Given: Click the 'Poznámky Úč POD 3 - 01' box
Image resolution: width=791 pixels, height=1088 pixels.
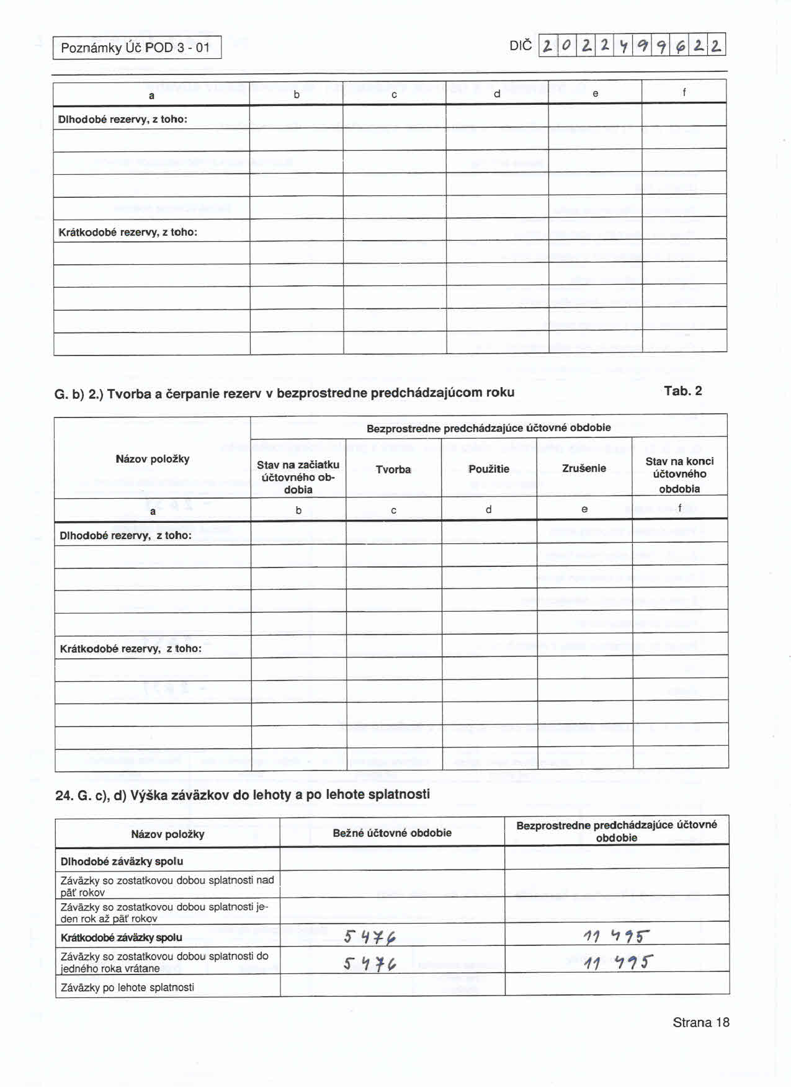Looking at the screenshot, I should [136, 48].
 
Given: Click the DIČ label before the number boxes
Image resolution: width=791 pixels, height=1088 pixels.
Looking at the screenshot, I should [521, 46].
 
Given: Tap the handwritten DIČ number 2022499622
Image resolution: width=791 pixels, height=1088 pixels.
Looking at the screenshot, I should [632, 45].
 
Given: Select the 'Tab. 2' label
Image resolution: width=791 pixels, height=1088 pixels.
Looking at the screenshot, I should [682, 391].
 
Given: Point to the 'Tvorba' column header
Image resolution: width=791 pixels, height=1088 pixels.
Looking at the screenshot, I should [393, 470].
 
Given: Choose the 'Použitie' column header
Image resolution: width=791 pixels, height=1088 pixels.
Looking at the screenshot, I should [489, 469].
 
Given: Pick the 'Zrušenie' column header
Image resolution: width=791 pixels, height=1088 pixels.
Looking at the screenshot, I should [584, 468].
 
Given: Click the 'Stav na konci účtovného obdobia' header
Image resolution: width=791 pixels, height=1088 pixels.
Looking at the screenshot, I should [679, 475].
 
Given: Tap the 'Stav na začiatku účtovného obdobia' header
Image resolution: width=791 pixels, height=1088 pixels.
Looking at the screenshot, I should [298, 476].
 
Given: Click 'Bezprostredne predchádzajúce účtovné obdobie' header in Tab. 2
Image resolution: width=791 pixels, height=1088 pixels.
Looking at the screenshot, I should [488, 428].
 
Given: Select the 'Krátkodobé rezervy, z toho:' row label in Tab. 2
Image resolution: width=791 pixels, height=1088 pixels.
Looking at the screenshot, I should [130, 649].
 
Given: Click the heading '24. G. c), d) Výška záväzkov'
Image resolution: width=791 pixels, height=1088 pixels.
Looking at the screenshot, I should [243, 795].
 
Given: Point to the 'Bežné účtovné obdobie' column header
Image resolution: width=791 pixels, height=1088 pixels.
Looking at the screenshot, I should [392, 833].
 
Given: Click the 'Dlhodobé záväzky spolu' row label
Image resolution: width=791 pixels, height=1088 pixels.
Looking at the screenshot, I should [122, 862].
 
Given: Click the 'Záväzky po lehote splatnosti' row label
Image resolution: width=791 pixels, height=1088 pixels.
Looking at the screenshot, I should [127, 987].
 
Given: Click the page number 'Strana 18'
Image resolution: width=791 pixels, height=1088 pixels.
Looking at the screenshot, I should [700, 1022].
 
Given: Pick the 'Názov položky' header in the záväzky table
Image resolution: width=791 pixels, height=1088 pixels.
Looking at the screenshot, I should [168, 834].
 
